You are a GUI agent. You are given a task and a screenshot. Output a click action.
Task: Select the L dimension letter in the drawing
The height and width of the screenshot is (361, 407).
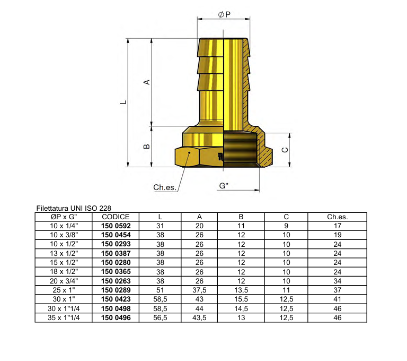(x=122, y=102)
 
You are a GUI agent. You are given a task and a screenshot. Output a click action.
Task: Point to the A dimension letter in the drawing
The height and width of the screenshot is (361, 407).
(x=147, y=82)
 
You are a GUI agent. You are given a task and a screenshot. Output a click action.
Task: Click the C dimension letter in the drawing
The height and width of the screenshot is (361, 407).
(x=285, y=150)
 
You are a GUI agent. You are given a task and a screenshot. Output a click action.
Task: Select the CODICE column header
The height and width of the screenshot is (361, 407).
(x=116, y=217)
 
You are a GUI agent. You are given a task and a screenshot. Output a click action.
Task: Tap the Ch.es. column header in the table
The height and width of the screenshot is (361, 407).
(x=337, y=217)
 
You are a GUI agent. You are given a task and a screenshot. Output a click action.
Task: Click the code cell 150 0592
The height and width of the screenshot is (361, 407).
(x=116, y=226)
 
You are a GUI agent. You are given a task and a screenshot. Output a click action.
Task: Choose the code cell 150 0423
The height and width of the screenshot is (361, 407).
(x=116, y=299)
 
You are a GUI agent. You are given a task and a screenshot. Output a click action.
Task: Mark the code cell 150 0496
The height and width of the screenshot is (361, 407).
(x=116, y=317)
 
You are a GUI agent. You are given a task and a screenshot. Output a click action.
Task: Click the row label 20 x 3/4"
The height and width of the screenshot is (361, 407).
(x=63, y=281)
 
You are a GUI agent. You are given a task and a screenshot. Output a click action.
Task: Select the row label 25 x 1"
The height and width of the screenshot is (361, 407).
(x=63, y=290)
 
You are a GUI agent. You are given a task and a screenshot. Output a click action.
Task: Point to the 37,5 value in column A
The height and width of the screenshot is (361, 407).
(x=199, y=290)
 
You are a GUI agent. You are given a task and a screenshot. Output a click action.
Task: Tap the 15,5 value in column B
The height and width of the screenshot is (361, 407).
(x=241, y=299)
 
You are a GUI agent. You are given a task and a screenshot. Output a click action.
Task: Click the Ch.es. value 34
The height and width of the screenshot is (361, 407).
(x=337, y=281)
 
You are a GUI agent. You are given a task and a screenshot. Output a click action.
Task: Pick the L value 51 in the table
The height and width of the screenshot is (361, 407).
(x=160, y=290)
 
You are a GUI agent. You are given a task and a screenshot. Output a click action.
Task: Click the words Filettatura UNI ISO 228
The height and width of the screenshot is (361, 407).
(x=74, y=208)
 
